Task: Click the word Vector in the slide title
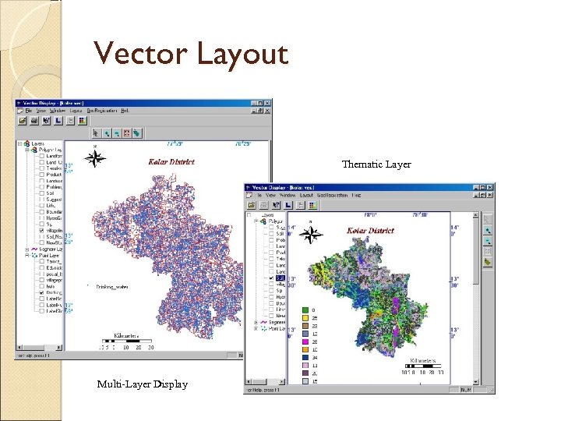(139, 54)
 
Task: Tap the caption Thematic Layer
(376, 165)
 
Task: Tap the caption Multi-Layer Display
(142, 384)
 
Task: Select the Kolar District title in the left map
(171, 162)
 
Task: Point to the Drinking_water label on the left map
(111, 287)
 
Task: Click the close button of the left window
(268, 103)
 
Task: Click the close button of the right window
(489, 188)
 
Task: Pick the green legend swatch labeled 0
(306, 310)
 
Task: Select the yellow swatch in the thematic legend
(306, 318)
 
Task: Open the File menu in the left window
(29, 111)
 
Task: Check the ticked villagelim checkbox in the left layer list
(41, 232)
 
